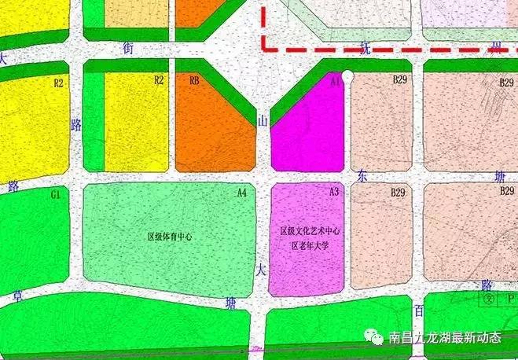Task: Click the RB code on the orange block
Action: coord(194,80)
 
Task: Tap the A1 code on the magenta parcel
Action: coord(336,81)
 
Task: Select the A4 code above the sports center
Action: coord(242,192)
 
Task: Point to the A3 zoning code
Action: coord(334,192)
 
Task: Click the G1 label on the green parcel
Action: coord(55,193)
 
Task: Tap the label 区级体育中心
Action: coord(170,236)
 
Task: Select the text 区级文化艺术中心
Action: coord(309,232)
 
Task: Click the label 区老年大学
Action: coord(309,245)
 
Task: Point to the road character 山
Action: coord(263,120)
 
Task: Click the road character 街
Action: coord(129,48)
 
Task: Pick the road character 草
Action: coord(17,297)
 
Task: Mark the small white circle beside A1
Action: coord(348,75)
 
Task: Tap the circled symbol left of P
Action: coord(488,299)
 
